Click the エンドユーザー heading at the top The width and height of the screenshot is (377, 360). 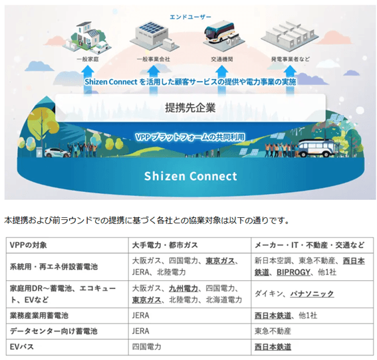[x=190, y=17]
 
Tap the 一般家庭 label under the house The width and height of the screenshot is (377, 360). [x=88, y=59]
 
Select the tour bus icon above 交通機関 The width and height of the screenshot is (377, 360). [x=219, y=32]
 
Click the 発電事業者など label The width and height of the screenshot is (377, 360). [x=290, y=59]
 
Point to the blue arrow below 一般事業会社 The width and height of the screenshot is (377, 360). [x=154, y=80]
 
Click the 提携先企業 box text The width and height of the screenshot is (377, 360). [x=190, y=108]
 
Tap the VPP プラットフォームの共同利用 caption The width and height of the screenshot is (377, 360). [x=190, y=137]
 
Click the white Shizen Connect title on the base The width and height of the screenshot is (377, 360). [x=191, y=176]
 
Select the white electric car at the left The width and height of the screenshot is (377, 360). [x=57, y=153]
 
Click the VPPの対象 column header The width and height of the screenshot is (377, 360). [x=29, y=245]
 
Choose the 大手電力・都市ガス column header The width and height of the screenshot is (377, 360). [x=165, y=245]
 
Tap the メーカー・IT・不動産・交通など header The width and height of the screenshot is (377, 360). [x=309, y=245]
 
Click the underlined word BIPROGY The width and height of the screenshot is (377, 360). [x=293, y=272]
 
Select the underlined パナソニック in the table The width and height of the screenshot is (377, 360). [x=312, y=294]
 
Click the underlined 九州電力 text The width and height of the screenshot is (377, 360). [x=184, y=288]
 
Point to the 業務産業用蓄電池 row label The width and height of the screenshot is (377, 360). [x=39, y=315]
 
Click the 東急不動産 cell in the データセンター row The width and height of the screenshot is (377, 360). [x=273, y=331]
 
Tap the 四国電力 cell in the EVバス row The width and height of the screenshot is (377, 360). [x=146, y=347]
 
